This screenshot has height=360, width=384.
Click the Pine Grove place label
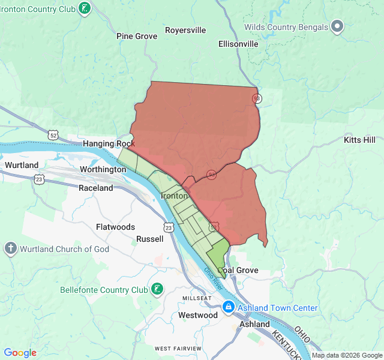tap(137, 36)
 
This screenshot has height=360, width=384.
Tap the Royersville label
tap(185, 30)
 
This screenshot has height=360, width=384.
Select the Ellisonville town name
tap(238, 44)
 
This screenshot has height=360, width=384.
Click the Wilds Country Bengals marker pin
tap(337, 26)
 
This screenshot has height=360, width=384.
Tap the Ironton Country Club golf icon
tap(85, 8)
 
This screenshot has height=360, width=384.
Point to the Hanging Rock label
tap(109, 144)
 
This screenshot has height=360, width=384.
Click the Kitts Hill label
tap(359, 140)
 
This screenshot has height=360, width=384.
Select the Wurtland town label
tap(22, 165)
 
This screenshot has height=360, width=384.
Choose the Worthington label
tap(103, 170)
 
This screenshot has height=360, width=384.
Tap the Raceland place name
tap(96, 188)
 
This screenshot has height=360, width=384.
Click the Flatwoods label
tap(115, 227)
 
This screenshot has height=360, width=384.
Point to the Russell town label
tap(149, 239)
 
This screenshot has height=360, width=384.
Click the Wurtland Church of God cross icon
tap(10, 248)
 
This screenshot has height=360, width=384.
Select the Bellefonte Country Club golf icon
tap(157, 290)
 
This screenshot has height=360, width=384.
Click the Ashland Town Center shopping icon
tap(229, 308)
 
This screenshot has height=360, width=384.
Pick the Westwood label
tap(198, 315)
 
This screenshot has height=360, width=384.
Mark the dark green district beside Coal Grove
tap(218, 254)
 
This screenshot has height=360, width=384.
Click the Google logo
tap(20, 353)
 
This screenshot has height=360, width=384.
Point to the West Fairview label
tap(178, 349)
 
